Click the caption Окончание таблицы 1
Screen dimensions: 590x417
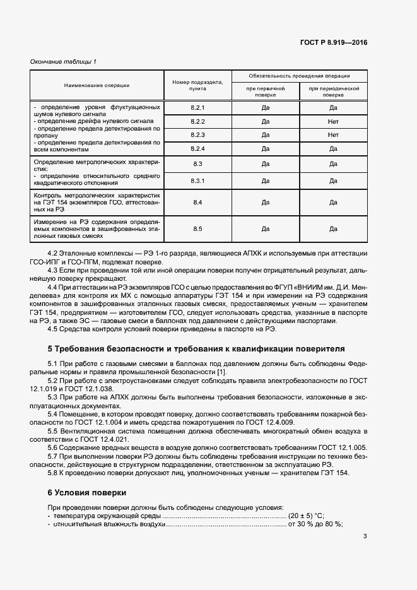point(64,61)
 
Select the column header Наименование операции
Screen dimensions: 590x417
point(96,85)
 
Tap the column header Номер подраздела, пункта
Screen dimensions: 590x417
point(197,85)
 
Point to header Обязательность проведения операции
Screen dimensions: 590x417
point(299,75)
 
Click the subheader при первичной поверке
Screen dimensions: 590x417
point(265,92)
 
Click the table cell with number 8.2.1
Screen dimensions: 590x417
point(197,108)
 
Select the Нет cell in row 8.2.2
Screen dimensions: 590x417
point(333,121)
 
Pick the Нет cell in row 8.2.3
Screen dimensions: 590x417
point(333,135)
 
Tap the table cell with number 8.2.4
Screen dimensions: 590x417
point(197,148)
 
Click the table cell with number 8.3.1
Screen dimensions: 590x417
point(197,181)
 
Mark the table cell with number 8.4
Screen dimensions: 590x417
point(197,203)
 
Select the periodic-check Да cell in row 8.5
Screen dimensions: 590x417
point(333,228)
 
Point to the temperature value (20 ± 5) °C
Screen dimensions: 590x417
point(311,516)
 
